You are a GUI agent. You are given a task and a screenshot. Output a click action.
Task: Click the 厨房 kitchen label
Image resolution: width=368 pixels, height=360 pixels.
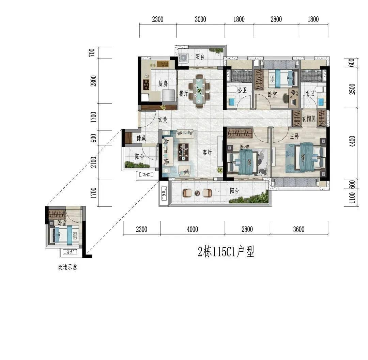tap(163, 83)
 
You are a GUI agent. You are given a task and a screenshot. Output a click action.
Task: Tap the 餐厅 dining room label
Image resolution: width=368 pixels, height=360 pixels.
tap(184, 93)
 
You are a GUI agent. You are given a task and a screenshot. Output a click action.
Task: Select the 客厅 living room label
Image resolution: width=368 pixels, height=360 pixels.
tap(207, 153)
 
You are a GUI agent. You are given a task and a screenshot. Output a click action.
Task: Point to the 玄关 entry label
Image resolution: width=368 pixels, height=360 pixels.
tap(163, 120)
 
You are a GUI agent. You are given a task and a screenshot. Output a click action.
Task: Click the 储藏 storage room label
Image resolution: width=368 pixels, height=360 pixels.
tap(141, 138)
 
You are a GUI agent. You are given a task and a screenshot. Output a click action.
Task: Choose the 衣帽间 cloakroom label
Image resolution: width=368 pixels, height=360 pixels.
tap(309, 119)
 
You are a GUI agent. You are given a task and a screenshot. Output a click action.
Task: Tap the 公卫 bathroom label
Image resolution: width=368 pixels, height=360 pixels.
tap(242, 90)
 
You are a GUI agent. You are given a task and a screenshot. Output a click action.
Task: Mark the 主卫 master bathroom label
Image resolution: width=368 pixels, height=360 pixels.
tap(310, 94)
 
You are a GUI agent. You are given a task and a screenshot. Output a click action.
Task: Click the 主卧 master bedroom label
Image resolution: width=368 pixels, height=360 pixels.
tap(294, 136)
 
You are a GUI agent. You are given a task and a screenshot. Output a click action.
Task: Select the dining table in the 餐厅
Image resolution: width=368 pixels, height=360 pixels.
tap(199, 91)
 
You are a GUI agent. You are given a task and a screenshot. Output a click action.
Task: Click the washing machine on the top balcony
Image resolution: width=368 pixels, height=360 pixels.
tap(184, 58)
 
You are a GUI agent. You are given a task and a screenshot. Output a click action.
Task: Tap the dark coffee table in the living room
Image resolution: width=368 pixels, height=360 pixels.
tap(184, 152)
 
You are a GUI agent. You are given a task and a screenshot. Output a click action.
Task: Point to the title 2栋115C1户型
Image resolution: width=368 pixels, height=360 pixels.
tap(226, 252)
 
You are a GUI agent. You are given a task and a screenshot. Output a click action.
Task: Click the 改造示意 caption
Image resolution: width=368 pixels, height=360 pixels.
tap(67, 267)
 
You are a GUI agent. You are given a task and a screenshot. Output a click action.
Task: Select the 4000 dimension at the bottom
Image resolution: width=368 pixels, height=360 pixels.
tap(193, 229)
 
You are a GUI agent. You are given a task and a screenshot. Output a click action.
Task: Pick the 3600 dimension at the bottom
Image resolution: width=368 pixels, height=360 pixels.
tap(299, 229)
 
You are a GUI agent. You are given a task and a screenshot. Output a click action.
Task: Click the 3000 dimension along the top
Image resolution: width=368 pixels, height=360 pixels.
tap(200, 19)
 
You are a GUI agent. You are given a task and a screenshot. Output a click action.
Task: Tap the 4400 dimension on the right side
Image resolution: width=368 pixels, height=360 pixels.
tap(352, 141)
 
